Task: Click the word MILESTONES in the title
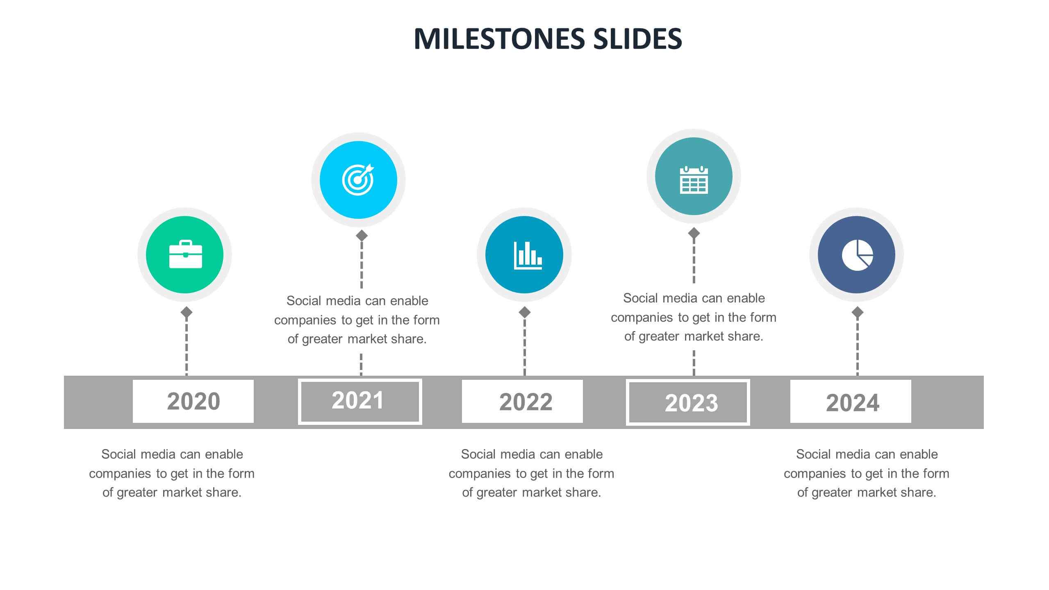tap(500, 39)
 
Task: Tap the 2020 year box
tap(193, 401)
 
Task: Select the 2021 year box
tap(360, 402)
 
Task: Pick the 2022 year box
tap(522, 402)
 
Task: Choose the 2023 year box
tap(687, 402)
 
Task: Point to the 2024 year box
tap(850, 402)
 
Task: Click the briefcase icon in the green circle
tap(185, 255)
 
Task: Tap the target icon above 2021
tap(358, 180)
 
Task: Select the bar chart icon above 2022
tap(528, 255)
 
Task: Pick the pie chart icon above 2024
tap(857, 255)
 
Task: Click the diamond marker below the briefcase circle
tap(187, 313)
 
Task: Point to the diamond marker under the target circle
tap(362, 236)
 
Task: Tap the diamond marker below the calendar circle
tap(694, 233)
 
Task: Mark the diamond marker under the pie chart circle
tap(857, 313)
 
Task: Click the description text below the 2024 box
tap(867, 473)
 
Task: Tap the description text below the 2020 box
tap(172, 473)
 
